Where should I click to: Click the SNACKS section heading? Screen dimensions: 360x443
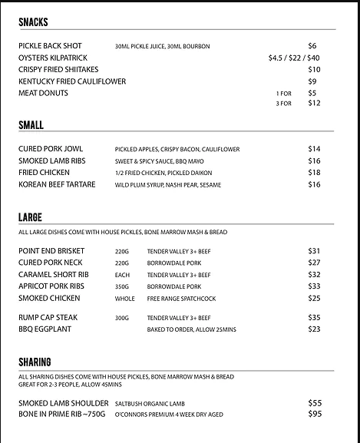(33, 22)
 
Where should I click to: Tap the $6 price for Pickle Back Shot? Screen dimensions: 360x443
(312, 46)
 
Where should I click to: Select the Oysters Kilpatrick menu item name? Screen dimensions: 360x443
(52, 58)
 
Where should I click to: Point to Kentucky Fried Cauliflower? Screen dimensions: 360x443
(72, 81)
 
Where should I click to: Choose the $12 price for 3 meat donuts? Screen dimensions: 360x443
(314, 104)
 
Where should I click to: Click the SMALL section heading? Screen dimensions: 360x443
(31, 125)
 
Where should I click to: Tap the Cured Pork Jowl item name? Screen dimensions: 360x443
(51, 149)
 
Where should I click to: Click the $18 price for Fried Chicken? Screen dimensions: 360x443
(314, 173)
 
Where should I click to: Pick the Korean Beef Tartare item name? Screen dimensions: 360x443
(57, 185)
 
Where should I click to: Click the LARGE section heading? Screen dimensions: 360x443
(31, 217)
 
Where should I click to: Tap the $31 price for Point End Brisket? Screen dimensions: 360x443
(314, 251)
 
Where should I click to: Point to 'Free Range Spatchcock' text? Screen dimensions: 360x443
(181, 299)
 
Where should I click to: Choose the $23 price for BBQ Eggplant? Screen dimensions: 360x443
(314, 329)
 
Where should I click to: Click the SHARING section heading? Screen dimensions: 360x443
(35, 362)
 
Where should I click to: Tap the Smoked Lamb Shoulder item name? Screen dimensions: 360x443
(63, 403)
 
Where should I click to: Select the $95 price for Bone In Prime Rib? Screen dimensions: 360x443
(314, 415)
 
